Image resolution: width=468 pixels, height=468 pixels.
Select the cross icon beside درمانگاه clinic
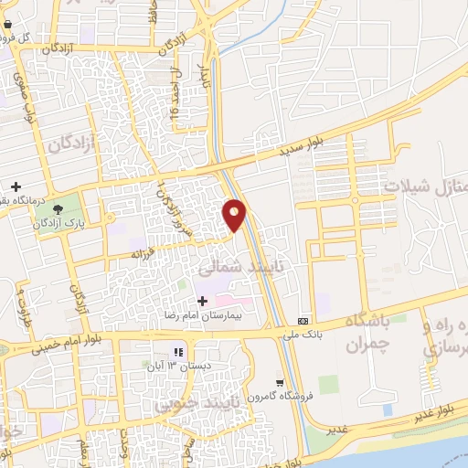point(16,186)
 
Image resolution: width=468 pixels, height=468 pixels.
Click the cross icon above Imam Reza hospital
point(202,301)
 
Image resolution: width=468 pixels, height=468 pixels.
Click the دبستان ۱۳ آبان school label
point(180,366)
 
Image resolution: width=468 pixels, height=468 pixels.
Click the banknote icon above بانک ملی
point(303,321)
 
